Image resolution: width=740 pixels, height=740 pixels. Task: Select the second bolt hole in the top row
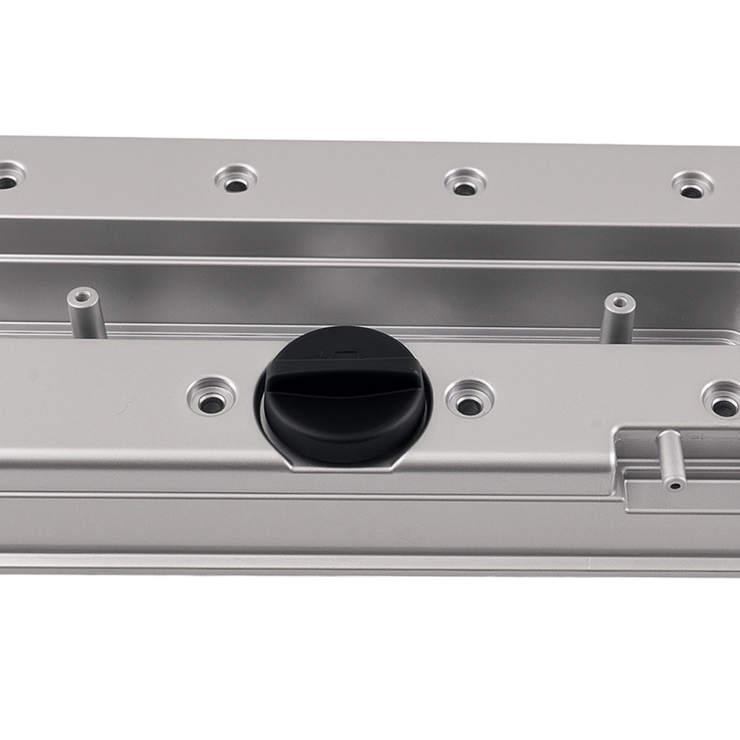click(x=237, y=179)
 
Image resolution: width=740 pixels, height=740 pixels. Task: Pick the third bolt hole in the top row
click(x=465, y=182)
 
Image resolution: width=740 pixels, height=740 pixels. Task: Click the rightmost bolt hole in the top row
click(x=692, y=186)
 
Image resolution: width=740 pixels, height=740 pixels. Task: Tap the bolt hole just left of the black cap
click(x=212, y=396)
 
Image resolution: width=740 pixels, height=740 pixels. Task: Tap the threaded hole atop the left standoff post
click(x=82, y=297)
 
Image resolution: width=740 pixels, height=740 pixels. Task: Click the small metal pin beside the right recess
click(x=667, y=459)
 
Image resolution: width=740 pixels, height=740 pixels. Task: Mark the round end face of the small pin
click(x=674, y=483)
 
